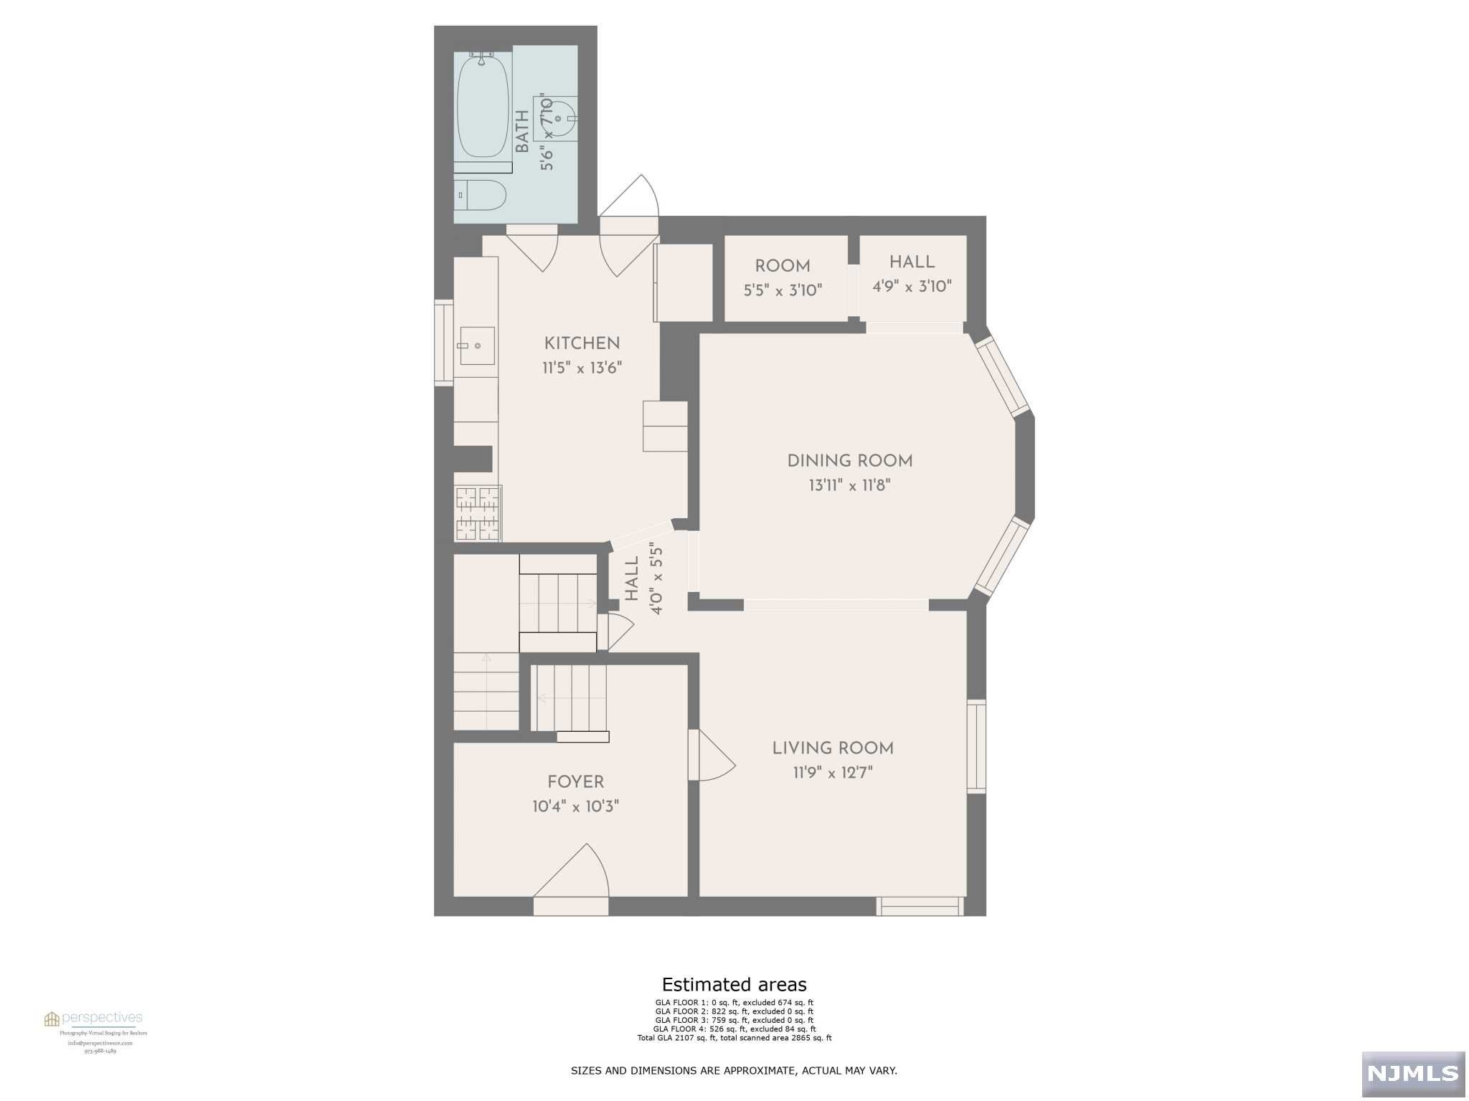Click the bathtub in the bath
483,108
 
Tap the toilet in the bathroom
481,194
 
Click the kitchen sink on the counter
477,345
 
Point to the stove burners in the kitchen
478,513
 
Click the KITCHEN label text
582,343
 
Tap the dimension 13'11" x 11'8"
849,485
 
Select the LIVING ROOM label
832,748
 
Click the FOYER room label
575,781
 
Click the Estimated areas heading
734,984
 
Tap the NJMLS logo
1412,1073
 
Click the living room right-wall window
976,746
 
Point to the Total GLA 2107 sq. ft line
734,1037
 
